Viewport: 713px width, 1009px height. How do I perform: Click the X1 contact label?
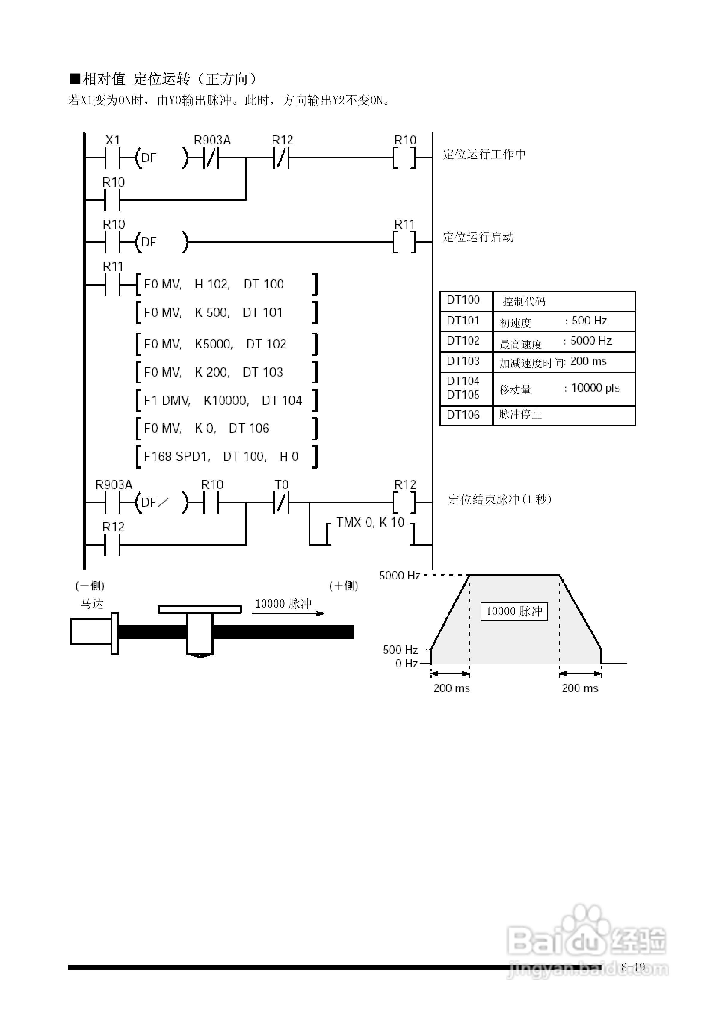[x=113, y=140]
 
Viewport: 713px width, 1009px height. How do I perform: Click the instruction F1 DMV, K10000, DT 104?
[x=223, y=400]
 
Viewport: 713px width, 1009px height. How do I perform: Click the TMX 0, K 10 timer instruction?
[x=370, y=522]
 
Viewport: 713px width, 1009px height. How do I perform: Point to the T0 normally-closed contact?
[x=281, y=502]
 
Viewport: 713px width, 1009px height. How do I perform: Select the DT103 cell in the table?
[x=463, y=361]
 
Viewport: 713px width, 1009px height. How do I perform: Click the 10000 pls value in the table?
[x=595, y=388]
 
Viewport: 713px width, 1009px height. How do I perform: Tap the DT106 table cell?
[x=463, y=414]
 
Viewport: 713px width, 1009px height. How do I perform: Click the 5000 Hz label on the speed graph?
[x=400, y=575]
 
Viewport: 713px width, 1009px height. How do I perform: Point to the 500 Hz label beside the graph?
[x=400, y=649]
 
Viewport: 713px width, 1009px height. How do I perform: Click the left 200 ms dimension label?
[x=451, y=688]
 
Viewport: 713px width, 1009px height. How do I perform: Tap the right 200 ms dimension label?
[x=580, y=688]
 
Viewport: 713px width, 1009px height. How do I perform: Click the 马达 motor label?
[x=92, y=604]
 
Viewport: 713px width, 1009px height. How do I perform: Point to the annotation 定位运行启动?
[x=478, y=237]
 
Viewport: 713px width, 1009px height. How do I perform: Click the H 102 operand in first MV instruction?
[x=212, y=284]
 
